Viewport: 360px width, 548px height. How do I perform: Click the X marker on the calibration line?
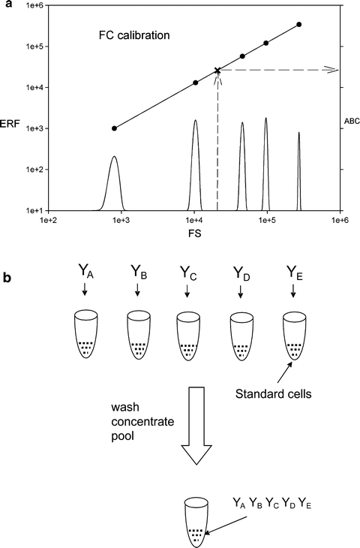click(x=217, y=71)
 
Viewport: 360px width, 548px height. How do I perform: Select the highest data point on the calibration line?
click(x=299, y=25)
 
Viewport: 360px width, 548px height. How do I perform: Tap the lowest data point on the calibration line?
click(x=114, y=128)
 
